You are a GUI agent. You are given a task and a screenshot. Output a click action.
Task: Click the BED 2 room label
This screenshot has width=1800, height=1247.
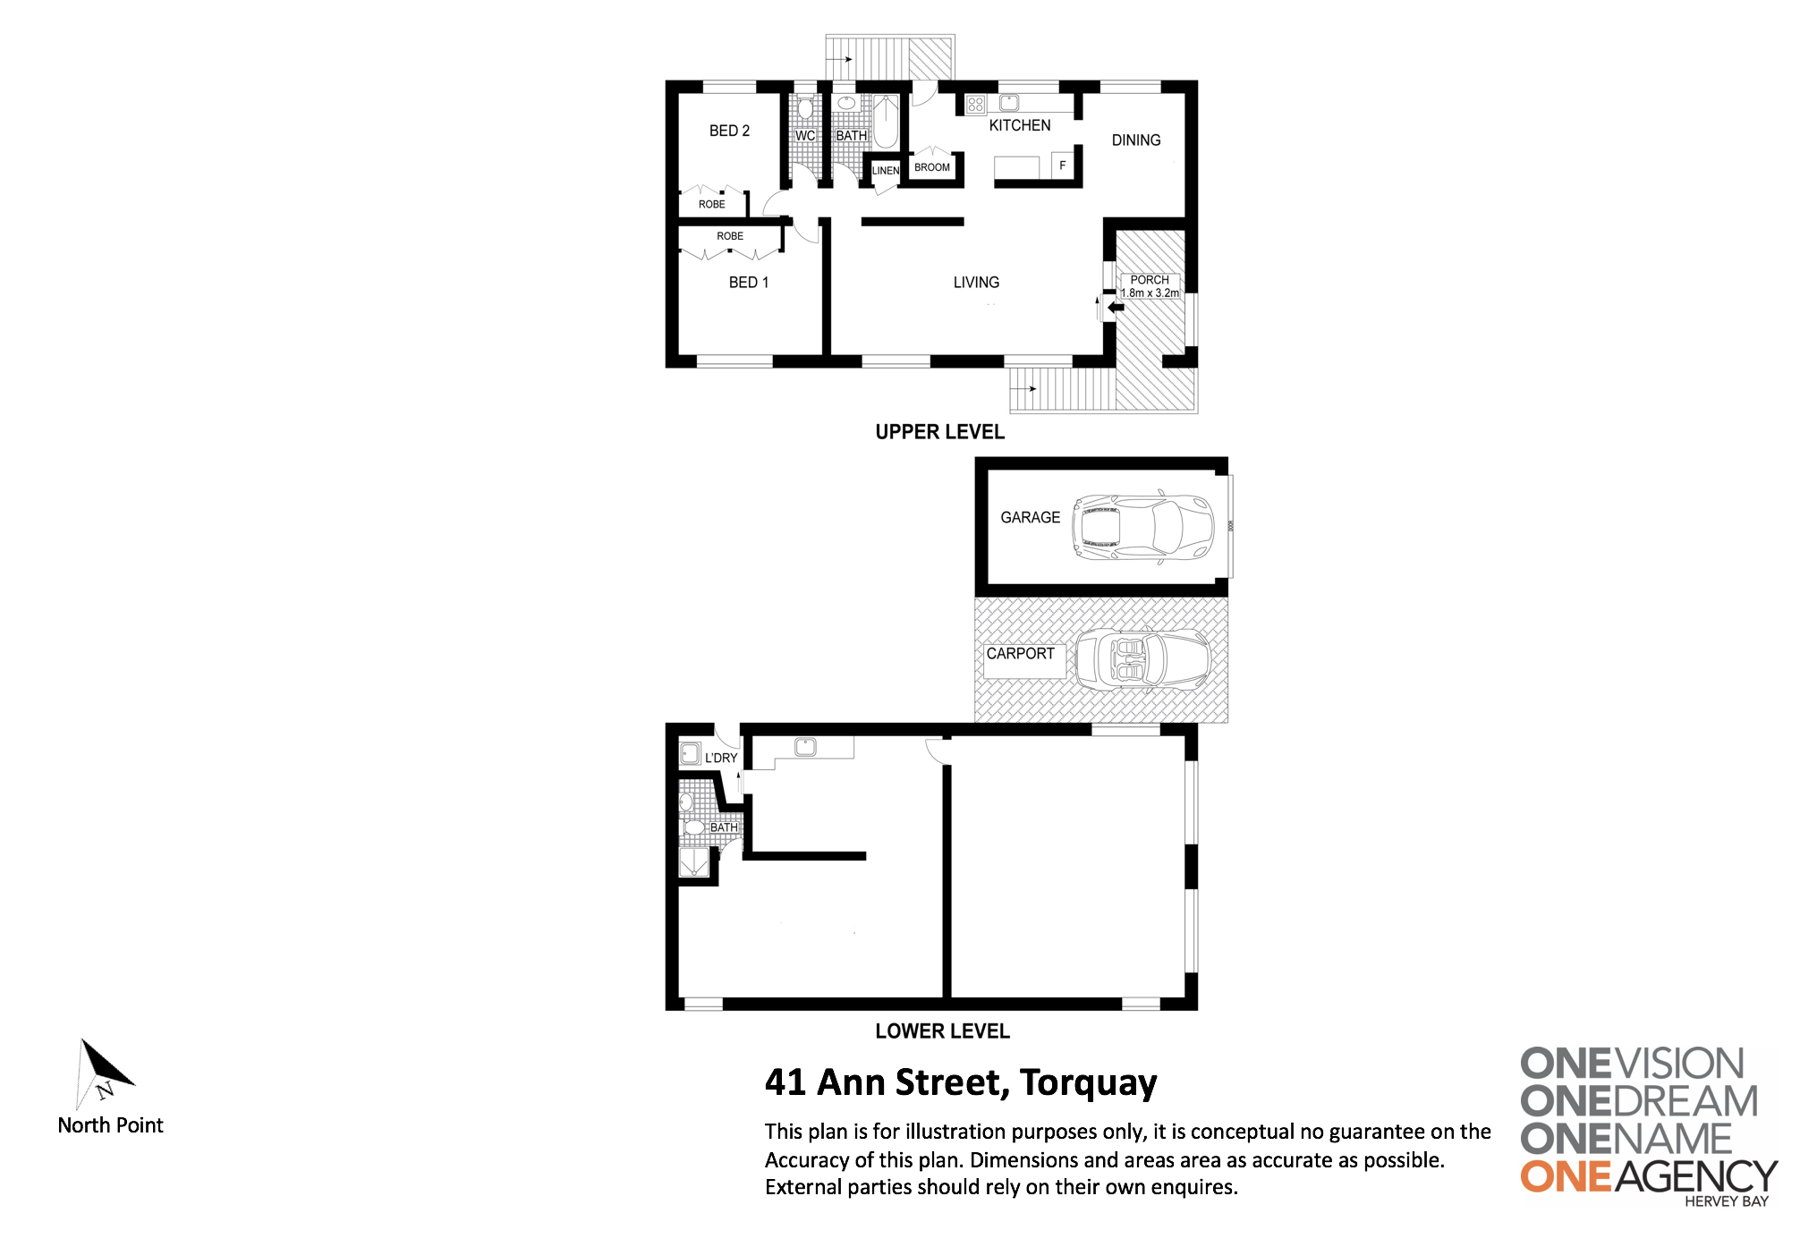pos(729,131)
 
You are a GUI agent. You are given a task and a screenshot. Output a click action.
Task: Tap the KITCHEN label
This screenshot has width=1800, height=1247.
pos(1019,125)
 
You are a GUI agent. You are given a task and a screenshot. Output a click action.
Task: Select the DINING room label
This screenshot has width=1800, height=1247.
pos(1136,140)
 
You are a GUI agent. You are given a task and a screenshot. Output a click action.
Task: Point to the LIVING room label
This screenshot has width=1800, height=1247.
pos(976,283)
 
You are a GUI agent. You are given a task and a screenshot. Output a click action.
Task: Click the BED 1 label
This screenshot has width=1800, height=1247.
pos(749,283)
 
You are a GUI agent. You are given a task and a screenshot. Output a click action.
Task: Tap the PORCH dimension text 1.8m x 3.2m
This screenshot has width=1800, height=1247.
pos(1150,293)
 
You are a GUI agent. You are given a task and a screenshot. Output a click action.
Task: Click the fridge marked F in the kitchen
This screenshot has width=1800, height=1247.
pos(1063,165)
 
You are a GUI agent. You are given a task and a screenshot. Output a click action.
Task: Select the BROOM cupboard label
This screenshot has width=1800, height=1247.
pos(932,167)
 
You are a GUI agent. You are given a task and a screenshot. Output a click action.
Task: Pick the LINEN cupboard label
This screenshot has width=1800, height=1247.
pos(886,171)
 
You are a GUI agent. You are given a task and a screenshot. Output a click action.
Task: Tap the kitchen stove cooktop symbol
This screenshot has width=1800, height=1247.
pos(975,105)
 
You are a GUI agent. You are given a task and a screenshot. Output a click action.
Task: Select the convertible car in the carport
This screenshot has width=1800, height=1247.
pos(1142,659)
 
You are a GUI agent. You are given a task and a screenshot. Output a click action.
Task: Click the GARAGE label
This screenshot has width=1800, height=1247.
pos(1030,518)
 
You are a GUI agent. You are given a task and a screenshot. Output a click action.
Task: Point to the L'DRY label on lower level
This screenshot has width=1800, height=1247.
pos(721,759)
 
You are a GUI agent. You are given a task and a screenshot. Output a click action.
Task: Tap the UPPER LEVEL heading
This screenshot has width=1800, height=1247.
pos(939,432)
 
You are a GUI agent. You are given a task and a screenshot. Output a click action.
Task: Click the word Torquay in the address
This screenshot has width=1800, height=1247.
pos(1088,1084)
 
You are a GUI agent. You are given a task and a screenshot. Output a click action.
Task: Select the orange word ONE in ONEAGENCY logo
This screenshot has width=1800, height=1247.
pos(1567,1177)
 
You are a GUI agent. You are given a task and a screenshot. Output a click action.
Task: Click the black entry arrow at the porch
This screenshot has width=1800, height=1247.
pos(1116,308)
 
